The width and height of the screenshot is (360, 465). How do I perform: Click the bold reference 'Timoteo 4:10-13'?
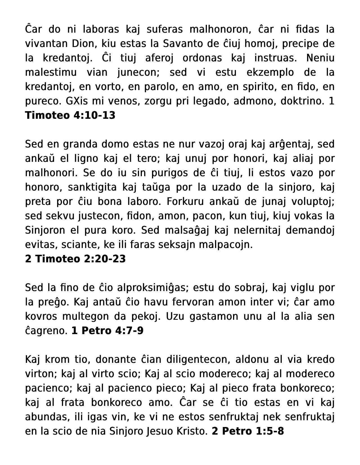click(x=70, y=115)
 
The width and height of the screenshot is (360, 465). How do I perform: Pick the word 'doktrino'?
click(x=302, y=101)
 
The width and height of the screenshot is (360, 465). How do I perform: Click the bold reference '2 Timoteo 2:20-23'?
click(x=75, y=259)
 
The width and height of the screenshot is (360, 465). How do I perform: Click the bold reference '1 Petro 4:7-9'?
click(x=107, y=331)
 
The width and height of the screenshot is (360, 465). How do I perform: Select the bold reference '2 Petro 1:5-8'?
click(x=248, y=431)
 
